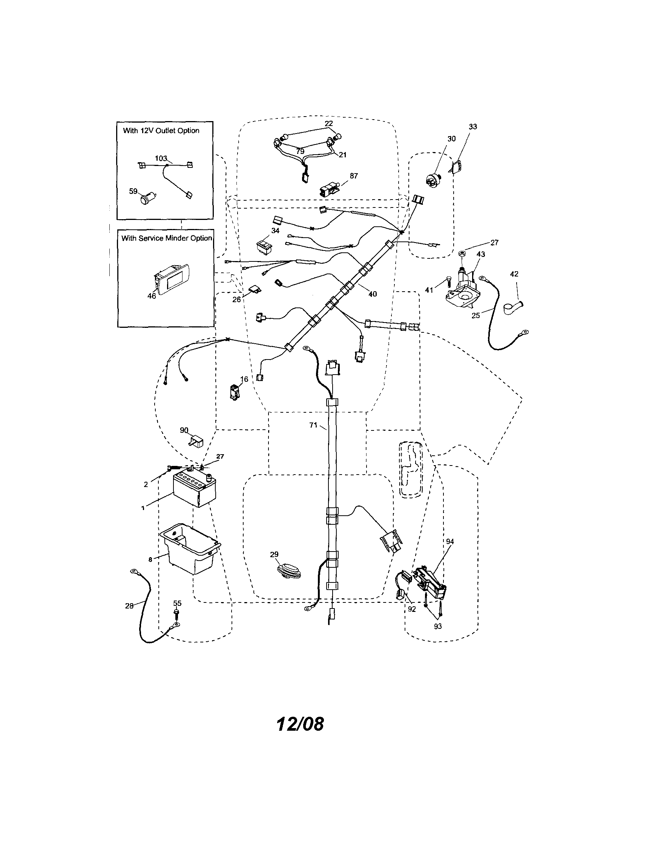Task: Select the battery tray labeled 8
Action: coord(190,547)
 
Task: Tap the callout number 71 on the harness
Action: coord(313,425)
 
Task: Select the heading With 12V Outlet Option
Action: coord(161,131)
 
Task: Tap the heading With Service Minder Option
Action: coord(166,238)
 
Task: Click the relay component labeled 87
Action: coord(328,190)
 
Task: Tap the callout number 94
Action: coord(449,542)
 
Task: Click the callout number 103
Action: coord(161,158)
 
